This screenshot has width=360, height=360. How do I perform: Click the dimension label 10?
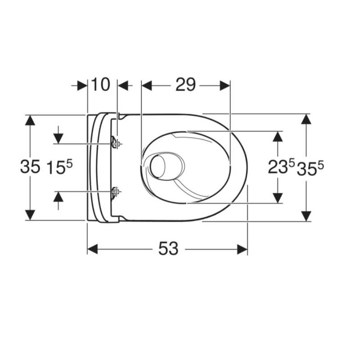(x=101, y=85)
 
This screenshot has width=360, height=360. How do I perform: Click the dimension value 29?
(x=185, y=85)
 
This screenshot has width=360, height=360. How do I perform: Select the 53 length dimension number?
(x=168, y=249)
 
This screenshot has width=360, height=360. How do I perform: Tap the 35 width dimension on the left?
(x=30, y=166)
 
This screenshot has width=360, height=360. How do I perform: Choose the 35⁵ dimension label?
(x=310, y=168)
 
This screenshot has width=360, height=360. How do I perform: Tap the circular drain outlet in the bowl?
(x=157, y=166)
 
